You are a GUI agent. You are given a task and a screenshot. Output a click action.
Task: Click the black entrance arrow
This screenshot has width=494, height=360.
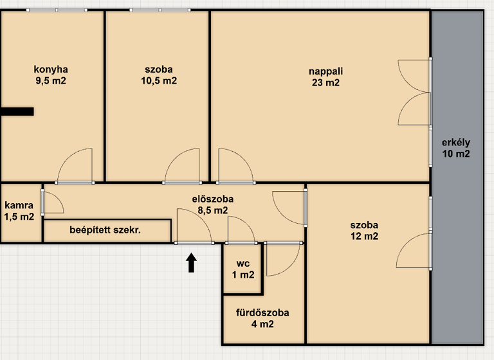[x=191, y=263]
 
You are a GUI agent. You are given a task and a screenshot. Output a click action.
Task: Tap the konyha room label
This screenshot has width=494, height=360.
[x=51, y=69]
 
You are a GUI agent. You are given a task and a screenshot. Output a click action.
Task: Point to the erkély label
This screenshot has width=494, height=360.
[x=456, y=143]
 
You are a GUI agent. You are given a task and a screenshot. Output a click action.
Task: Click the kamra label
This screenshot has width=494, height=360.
[x=19, y=206]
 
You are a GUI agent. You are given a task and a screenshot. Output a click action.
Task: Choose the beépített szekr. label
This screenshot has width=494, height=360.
[x=105, y=230]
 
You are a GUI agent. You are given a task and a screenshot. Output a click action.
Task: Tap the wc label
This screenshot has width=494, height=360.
[x=242, y=264]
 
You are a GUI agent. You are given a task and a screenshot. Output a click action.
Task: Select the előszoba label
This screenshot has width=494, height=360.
[x=213, y=199]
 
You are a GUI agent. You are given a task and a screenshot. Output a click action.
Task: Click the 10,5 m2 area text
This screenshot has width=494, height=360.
[x=159, y=81]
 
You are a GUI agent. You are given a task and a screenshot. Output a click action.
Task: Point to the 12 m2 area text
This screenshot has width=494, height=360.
[x=364, y=237]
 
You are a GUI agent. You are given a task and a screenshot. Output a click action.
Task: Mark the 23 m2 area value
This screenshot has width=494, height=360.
[x=324, y=82]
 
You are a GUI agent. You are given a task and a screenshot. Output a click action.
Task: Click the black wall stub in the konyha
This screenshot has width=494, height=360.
[x=17, y=111]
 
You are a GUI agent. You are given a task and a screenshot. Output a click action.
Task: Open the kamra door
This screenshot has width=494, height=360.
[x=51, y=203]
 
